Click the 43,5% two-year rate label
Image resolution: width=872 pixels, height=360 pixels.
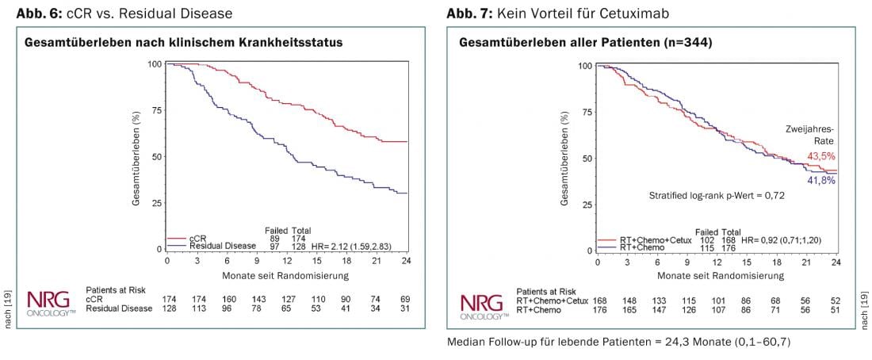[821, 155]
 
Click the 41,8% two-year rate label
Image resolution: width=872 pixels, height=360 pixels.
[821, 181]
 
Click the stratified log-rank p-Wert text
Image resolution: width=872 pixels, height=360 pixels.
[717, 194]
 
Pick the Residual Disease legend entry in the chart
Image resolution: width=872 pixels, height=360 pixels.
[215, 247]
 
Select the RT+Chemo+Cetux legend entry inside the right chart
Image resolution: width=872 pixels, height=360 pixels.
[644, 240]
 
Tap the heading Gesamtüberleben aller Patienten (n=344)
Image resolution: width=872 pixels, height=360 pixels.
[586, 42]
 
